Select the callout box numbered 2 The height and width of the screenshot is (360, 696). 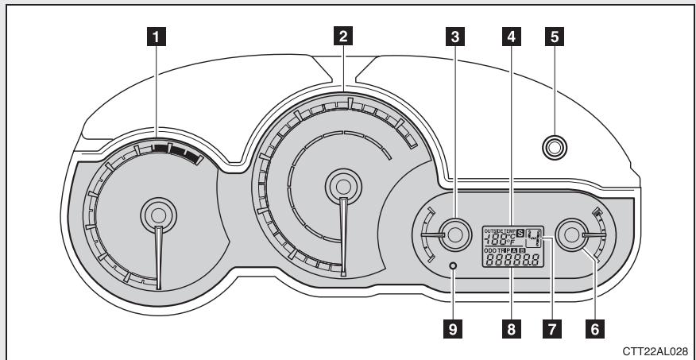[x=342, y=36]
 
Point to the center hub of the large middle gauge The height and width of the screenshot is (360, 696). [x=342, y=184]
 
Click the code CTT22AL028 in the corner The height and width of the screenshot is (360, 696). [x=660, y=348]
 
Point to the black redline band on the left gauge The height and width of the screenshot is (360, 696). [x=176, y=149]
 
